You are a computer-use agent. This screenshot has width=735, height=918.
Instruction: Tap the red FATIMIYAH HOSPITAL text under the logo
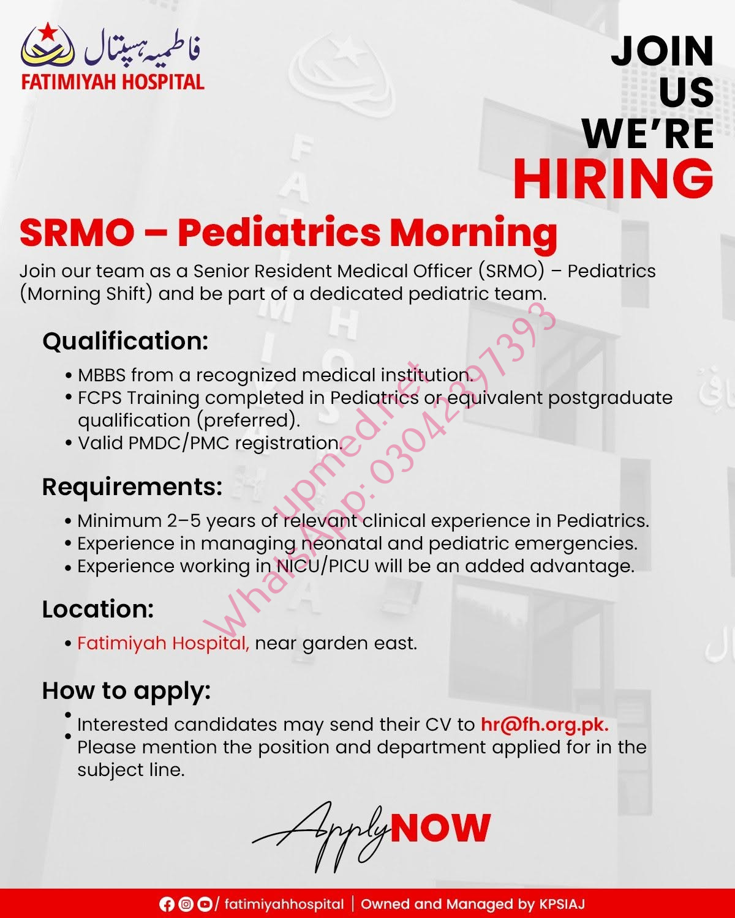[x=113, y=82]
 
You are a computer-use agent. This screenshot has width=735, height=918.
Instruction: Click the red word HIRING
[x=613, y=178]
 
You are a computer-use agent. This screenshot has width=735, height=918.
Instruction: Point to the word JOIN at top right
[x=662, y=51]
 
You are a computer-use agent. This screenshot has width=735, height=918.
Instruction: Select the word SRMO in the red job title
[x=77, y=233]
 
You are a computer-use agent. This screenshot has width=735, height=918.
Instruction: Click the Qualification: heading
[x=126, y=341]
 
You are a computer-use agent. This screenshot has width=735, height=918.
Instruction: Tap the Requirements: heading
[x=132, y=487]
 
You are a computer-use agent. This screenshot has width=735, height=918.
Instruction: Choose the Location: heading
[x=98, y=609]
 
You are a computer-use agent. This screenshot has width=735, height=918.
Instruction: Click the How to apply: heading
[x=126, y=691]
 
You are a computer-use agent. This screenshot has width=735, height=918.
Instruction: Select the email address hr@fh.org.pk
[x=545, y=725]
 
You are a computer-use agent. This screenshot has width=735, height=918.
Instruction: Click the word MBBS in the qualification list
[x=102, y=375]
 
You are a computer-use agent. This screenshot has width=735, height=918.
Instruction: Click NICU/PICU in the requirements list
[x=322, y=566]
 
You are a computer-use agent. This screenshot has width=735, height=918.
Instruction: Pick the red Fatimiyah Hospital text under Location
[x=163, y=643]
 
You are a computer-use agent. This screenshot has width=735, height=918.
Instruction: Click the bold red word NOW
[x=440, y=827]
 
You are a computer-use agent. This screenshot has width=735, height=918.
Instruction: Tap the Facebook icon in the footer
[x=167, y=905]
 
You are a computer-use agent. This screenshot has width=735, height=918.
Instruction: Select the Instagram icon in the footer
[x=186, y=905]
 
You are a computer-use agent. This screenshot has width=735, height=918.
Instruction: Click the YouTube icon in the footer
[x=205, y=905]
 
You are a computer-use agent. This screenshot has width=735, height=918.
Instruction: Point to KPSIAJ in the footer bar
[x=562, y=905]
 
